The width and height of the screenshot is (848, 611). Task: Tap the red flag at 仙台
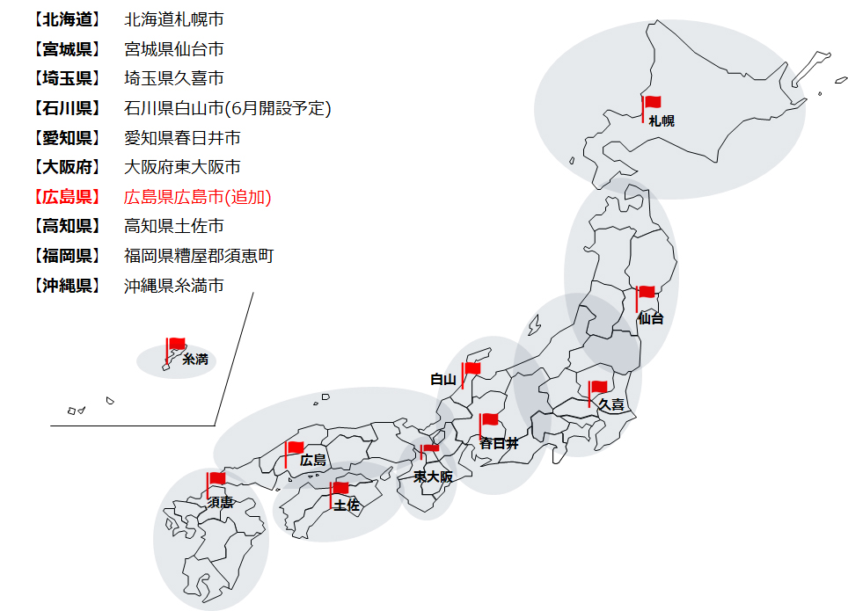[647, 293]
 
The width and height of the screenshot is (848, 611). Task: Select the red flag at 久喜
[598, 387]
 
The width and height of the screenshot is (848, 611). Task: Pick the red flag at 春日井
[489, 421]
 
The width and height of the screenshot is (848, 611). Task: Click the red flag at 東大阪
[430, 449]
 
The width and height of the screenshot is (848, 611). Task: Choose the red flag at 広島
[295, 448]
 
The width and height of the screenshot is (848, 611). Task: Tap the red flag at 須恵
[216, 479]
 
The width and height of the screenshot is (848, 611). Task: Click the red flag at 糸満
[177, 344]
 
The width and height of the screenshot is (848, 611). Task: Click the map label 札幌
[662, 121]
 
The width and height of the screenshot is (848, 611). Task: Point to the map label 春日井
[499, 443]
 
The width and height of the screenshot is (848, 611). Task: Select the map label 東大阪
[433, 476]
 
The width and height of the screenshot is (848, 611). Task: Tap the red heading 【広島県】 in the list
[66, 197]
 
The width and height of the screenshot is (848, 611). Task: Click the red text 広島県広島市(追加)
[198, 197]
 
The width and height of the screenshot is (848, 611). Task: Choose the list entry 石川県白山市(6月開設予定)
[228, 109]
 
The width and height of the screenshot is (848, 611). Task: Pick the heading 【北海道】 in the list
[66, 19]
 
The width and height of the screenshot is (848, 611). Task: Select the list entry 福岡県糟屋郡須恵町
[199, 256]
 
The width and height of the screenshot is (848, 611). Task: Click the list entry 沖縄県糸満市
[174, 286]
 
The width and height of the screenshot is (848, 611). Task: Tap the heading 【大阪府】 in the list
[66, 167]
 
